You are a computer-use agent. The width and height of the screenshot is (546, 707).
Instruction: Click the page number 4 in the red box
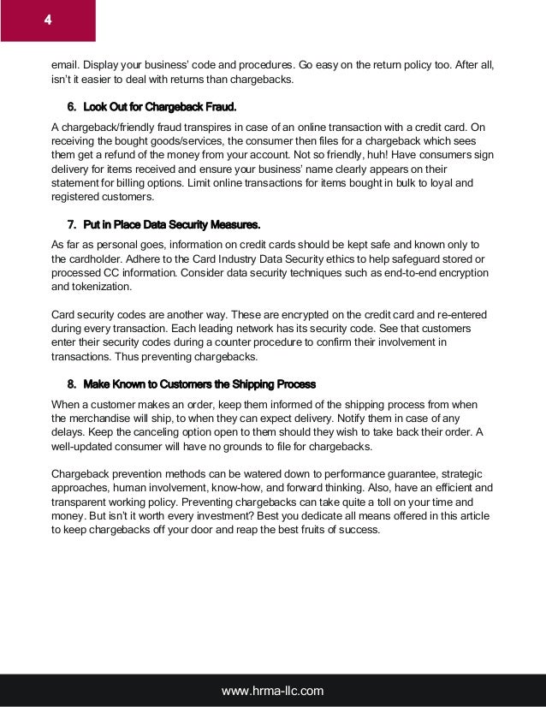pos(48,20)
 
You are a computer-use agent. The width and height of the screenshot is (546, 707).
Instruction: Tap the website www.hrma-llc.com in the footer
pos(273,690)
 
